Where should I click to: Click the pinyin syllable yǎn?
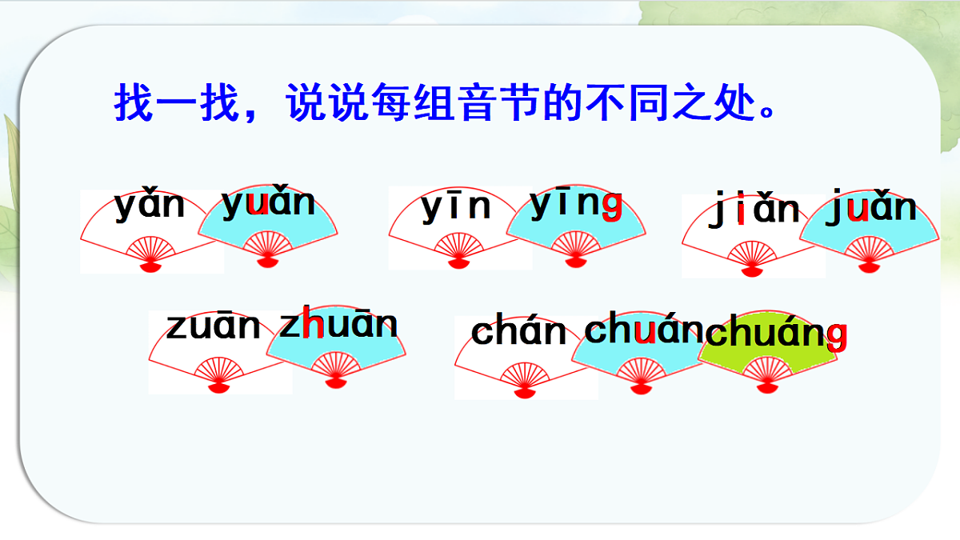tap(149, 205)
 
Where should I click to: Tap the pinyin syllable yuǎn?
tap(268, 202)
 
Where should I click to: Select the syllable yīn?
tap(455, 206)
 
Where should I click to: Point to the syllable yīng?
tap(576, 204)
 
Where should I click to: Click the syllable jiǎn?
tap(754, 209)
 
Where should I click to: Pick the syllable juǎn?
tap(871, 207)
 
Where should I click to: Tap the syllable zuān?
tap(213, 326)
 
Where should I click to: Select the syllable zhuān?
tap(338, 322)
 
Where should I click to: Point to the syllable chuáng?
tap(776, 333)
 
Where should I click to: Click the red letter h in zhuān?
tap(313, 322)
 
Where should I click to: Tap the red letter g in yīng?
tap(612, 207)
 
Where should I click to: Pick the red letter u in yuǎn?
tap(258, 205)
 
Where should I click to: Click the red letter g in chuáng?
tap(837, 338)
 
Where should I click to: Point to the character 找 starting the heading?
tap(134, 102)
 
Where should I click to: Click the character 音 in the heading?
tap(477, 102)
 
